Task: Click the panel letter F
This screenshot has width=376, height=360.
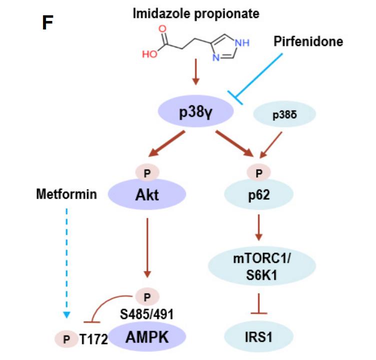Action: (x=48, y=22)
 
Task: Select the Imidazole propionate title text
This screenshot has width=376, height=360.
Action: (x=195, y=13)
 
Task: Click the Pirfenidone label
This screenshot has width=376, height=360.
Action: (x=308, y=41)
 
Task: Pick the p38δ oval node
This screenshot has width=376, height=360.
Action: (x=281, y=115)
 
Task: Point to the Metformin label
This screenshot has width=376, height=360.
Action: (x=66, y=194)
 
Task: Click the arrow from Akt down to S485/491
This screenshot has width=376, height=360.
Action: (x=147, y=245)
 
